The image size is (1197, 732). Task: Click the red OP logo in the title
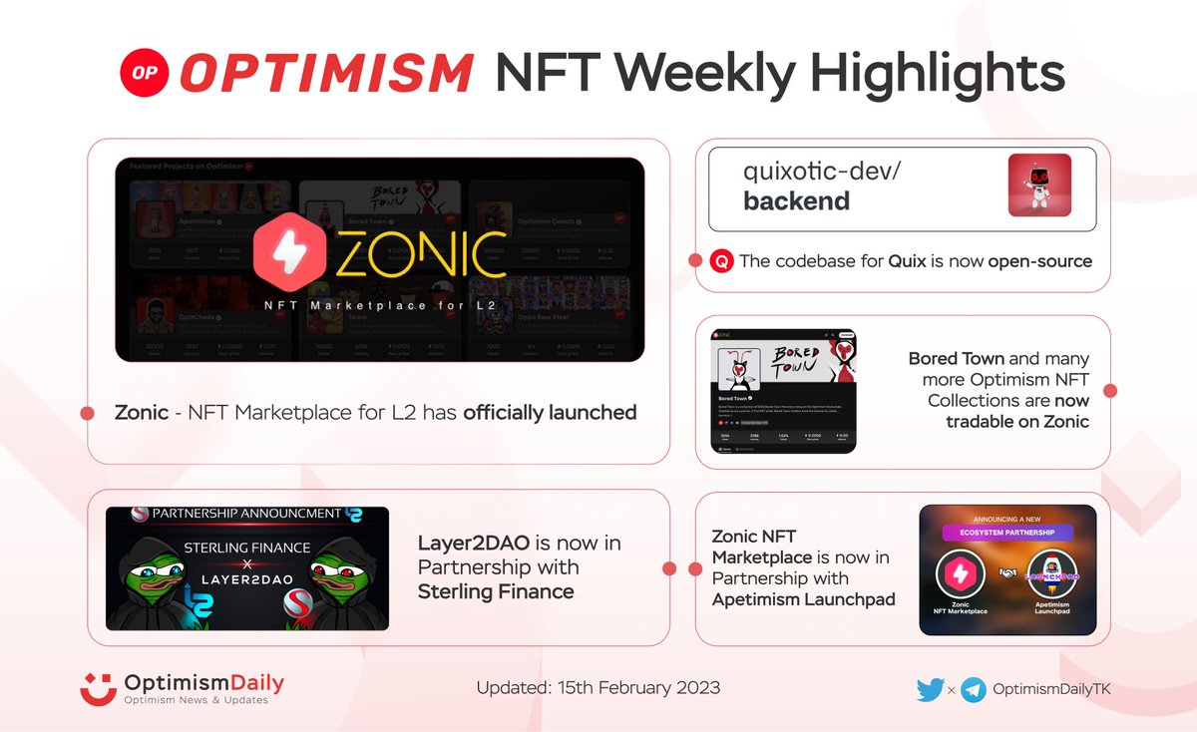[x=142, y=73]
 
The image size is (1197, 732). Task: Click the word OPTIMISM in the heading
[x=325, y=73]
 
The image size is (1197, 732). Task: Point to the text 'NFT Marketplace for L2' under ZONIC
[x=379, y=304]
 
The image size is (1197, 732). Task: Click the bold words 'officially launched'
[x=550, y=412]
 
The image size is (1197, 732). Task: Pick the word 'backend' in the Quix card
[x=797, y=201]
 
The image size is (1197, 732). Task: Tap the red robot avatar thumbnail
[x=1038, y=185]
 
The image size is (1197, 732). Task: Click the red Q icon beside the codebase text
[x=721, y=261]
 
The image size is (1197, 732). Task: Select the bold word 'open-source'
[x=1039, y=261]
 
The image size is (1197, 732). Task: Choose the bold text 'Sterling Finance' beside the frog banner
[x=496, y=591]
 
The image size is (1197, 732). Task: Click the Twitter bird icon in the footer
[x=929, y=689]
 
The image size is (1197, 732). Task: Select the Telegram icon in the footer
[x=974, y=689]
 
